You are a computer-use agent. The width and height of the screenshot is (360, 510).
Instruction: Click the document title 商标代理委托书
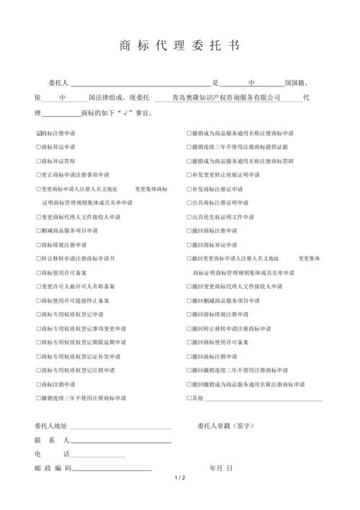click(179, 45)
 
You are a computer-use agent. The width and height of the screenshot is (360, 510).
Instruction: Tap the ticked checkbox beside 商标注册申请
click(39, 133)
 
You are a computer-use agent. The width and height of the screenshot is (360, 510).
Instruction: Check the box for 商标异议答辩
click(39, 161)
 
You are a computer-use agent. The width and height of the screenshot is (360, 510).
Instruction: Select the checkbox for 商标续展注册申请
click(39, 245)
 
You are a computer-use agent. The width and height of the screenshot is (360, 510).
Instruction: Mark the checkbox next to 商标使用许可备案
click(39, 272)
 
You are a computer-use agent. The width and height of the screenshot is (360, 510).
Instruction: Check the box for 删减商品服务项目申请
click(39, 231)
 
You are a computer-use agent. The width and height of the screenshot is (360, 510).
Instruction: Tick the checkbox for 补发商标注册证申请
click(189, 189)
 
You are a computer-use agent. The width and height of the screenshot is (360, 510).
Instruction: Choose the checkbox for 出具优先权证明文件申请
click(189, 217)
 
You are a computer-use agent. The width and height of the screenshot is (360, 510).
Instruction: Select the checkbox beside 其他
click(189, 398)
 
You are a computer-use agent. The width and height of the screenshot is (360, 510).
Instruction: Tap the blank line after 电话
click(97, 455)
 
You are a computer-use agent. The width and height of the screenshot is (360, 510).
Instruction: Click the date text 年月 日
click(220, 468)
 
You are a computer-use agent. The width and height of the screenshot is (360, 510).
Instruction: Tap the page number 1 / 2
click(179, 478)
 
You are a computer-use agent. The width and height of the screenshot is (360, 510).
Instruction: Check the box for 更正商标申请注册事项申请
click(39, 175)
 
